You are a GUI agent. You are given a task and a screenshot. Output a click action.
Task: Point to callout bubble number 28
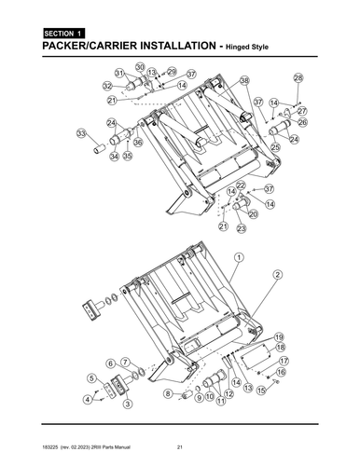[298, 77]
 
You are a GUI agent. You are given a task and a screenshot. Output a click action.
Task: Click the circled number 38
[244, 82]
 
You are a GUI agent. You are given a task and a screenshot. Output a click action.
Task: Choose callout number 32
[108, 86]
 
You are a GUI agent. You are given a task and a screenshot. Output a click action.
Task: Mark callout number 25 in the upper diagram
[275, 146]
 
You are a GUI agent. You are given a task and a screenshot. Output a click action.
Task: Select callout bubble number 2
[278, 274]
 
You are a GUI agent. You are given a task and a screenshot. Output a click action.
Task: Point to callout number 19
[279, 336]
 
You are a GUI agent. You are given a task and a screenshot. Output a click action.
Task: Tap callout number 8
[168, 394]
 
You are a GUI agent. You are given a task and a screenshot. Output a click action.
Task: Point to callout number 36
[138, 143]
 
